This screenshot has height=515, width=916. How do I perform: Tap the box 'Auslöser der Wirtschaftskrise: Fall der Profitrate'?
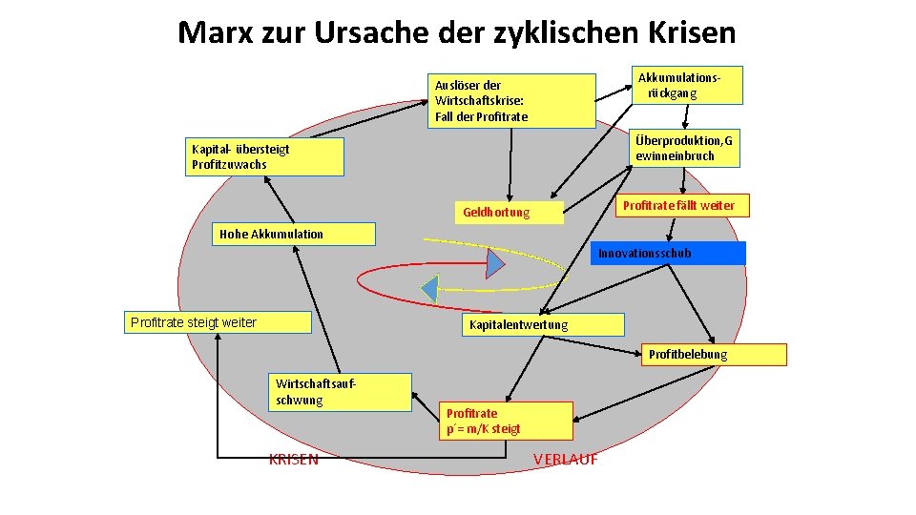[510, 101]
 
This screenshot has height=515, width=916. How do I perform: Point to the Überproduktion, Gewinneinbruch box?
[684, 148]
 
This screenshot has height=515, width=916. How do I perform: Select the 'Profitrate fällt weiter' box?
[678, 205]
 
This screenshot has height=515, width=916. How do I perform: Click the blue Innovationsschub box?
[667, 253]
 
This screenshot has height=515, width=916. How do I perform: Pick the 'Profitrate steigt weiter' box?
[218, 322]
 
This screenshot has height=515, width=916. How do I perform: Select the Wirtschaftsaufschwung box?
[341, 392]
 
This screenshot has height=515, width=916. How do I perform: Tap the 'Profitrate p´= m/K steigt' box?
[507, 421]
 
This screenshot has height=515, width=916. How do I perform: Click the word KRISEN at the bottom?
[294, 460]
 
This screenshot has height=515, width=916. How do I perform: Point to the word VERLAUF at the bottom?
[566, 459]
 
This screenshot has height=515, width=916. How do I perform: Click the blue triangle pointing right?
[494, 262]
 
